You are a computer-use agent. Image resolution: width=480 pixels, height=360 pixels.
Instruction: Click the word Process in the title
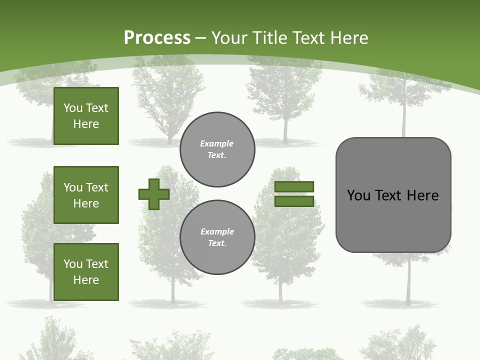(x=157, y=37)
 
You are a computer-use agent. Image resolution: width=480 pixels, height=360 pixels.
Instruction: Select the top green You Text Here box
(x=86, y=116)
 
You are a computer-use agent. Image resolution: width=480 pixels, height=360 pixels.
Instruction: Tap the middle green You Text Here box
(x=86, y=195)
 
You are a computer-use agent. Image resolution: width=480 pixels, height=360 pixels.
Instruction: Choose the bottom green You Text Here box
(x=86, y=271)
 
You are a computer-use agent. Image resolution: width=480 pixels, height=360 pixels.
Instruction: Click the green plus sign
(x=154, y=194)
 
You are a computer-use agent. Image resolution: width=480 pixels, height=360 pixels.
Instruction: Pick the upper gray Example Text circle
(x=217, y=149)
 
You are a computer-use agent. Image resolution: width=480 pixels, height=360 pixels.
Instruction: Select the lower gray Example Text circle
(x=217, y=237)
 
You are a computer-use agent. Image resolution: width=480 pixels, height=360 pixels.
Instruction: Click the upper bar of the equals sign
(x=294, y=186)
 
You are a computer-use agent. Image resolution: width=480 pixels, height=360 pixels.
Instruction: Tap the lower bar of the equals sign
(x=294, y=201)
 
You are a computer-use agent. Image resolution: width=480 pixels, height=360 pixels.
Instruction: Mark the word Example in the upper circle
(x=217, y=143)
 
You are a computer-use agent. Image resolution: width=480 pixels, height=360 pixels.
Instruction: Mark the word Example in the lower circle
(x=217, y=231)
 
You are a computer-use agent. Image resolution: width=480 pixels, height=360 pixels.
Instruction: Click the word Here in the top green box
(x=86, y=124)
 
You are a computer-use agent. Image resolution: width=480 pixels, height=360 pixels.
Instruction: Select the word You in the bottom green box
(x=72, y=264)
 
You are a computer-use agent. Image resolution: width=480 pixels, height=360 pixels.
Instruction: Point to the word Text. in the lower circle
(x=217, y=243)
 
